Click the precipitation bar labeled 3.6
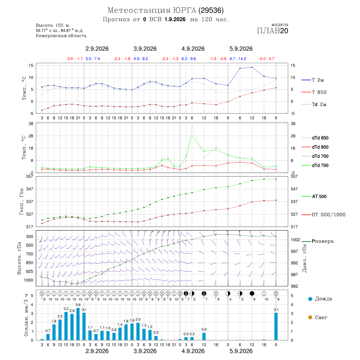pos(78,324)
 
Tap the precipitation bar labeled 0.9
pos(204,336)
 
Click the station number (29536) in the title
pos(211,10)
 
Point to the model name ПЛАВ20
pos(272,31)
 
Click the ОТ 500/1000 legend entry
pos(324,215)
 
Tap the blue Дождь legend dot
pos(310,299)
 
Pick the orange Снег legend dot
pos(310,317)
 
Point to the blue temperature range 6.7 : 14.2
pos(238,59)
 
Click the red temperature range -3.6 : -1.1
pos(75,59)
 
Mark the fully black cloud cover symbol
pos(252,294)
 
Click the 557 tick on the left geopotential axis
pos(30,176)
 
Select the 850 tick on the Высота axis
pos(29,263)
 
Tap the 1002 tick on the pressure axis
pos(296,240)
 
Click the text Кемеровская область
pos(61,36)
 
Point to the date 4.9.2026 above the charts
pos(193,49)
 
